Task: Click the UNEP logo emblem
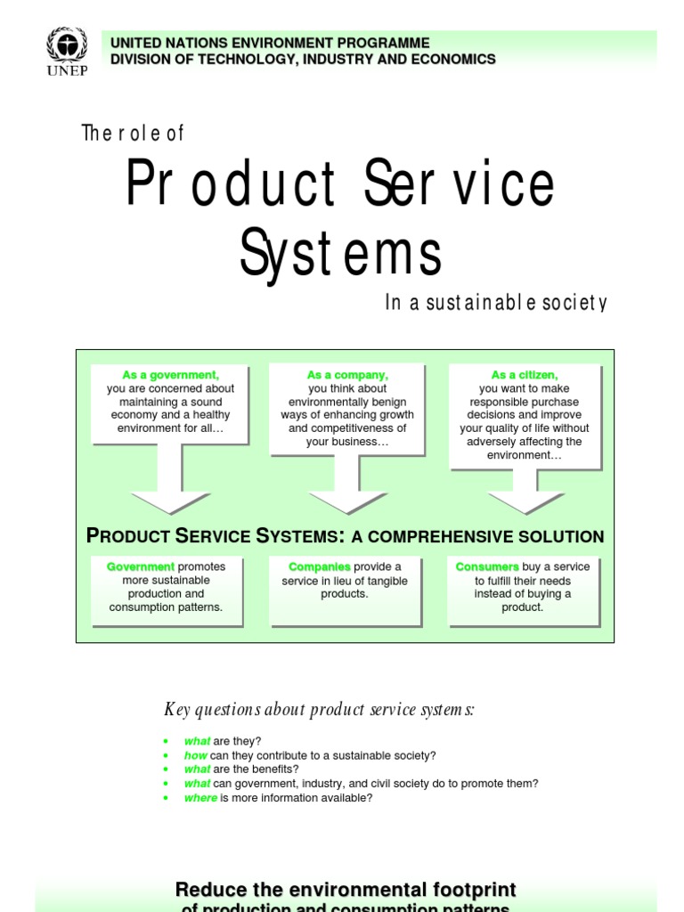coord(67,46)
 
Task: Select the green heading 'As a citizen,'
coord(525,375)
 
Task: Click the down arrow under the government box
coord(170,482)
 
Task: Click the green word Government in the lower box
coord(141,566)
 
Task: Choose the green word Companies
coord(320,566)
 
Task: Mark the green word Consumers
coord(487,566)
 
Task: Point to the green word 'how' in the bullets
coord(195,755)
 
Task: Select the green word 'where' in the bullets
coord(200,798)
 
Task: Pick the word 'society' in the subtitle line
coord(579,304)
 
